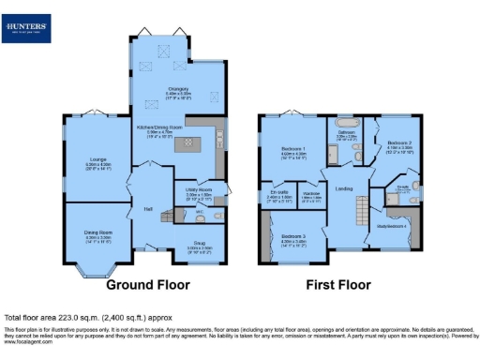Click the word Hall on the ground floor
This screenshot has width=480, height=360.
coord(147,209)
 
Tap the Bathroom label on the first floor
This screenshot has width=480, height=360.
coord(348,134)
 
